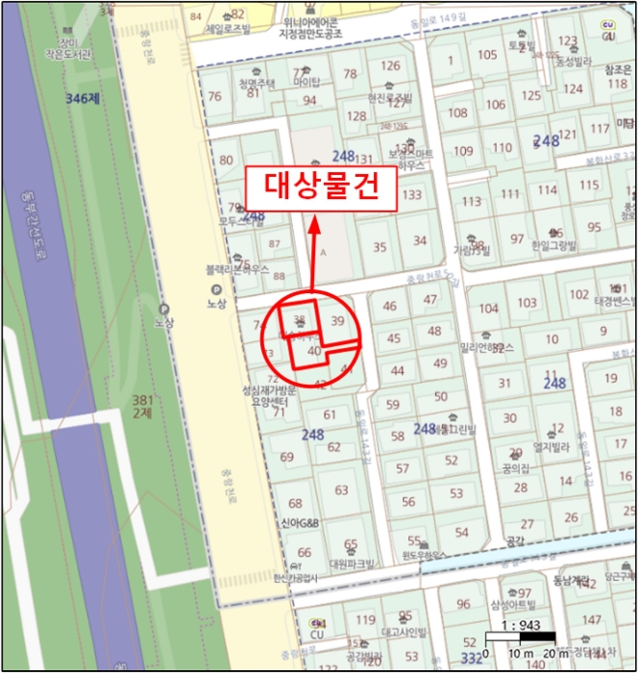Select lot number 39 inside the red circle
(336, 320)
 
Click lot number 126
(389, 65)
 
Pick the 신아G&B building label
(300, 521)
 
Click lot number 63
(341, 490)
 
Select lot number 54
(461, 532)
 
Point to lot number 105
(487, 54)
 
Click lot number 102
(579, 294)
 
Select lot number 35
(380, 247)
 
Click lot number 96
(463, 604)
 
